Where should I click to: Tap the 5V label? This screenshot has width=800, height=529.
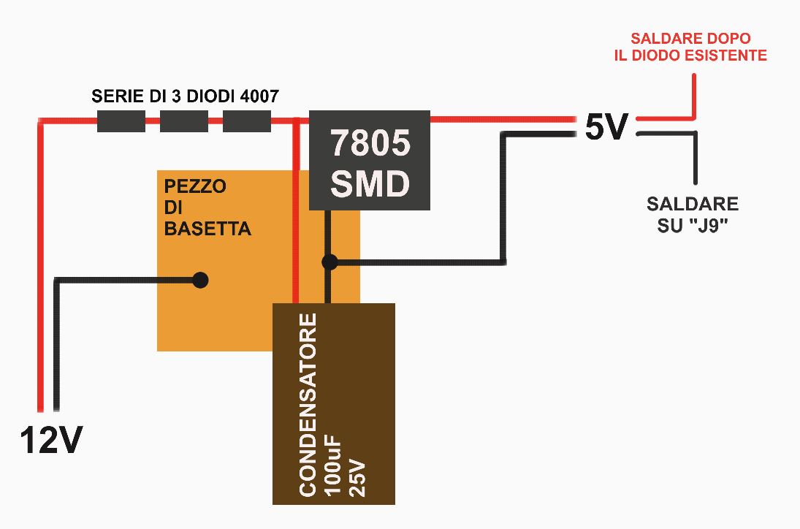pyautogui.click(x=606, y=129)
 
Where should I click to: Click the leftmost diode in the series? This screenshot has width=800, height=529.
pyautogui.click(x=122, y=121)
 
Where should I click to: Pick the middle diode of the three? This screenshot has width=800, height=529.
pyautogui.click(x=184, y=121)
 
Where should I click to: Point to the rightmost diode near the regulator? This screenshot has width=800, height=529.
pyautogui.click(x=246, y=121)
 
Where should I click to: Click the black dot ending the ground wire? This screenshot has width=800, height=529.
pyautogui.click(x=199, y=280)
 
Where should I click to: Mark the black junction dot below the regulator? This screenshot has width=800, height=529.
pyautogui.click(x=329, y=262)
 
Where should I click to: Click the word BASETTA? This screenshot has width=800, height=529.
pyautogui.click(x=207, y=229)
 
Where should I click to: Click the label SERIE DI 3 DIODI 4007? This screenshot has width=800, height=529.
pyautogui.click(x=185, y=96)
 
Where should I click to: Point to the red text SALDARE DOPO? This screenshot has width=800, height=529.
pyautogui.click(x=690, y=39)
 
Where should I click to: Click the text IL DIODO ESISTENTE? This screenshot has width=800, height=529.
pyautogui.click(x=690, y=56)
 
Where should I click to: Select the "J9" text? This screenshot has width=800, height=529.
pyautogui.click(x=715, y=226)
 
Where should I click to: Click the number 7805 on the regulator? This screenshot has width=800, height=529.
pyautogui.click(x=370, y=144)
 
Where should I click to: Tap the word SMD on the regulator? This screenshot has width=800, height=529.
pyautogui.click(x=370, y=184)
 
